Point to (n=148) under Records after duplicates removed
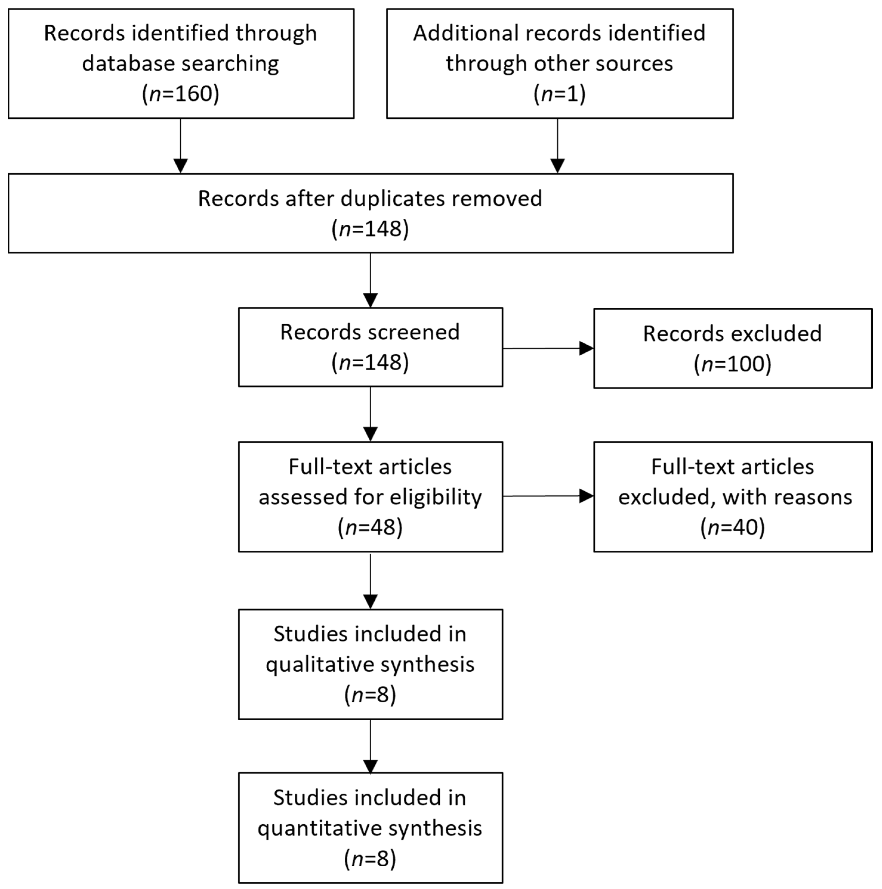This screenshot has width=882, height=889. [370, 229]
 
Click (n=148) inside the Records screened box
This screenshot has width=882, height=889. [370, 363]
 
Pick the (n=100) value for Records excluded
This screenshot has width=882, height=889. [732, 364]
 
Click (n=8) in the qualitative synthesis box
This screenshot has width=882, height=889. [370, 694]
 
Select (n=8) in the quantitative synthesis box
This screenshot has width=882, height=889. [370, 859]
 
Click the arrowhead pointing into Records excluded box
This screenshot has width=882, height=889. [586, 348]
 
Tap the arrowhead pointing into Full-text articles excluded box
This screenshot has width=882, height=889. [586, 496]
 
